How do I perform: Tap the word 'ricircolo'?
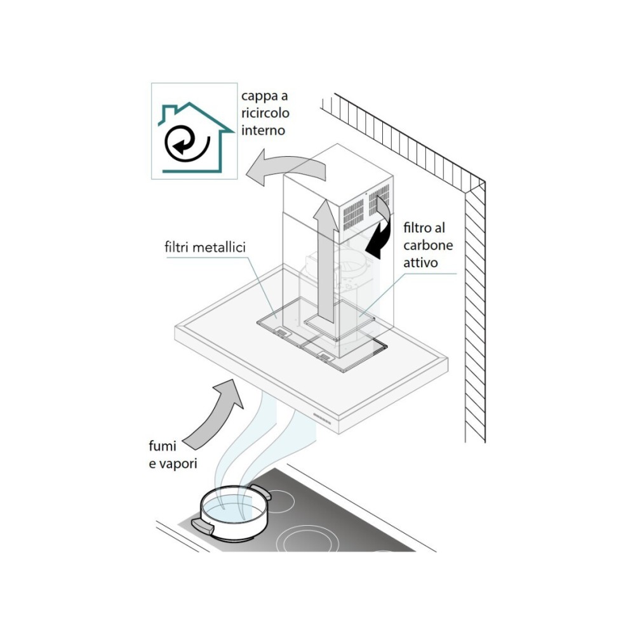[265, 114]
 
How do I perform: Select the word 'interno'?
[263, 131]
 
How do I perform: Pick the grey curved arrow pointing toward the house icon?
[286, 168]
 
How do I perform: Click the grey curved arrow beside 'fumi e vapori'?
[219, 413]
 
